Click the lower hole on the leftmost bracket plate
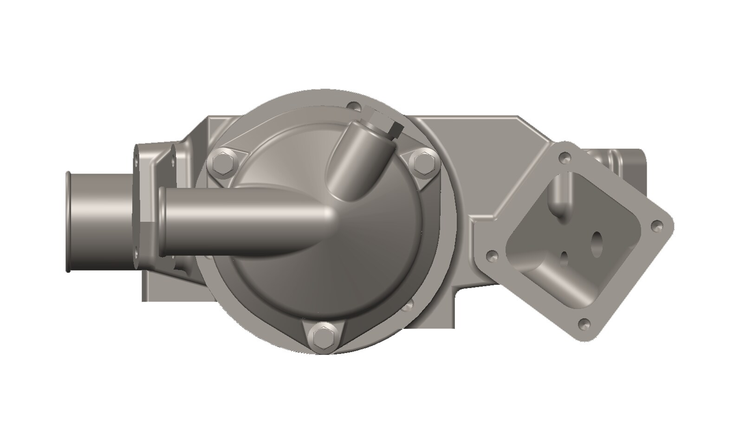pos(136,253)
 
